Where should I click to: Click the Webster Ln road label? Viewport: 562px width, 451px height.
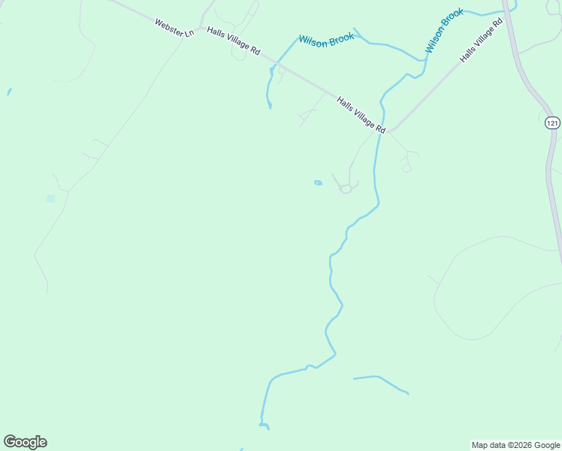point(174,29)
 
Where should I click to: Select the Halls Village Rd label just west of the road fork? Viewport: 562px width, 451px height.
point(361,115)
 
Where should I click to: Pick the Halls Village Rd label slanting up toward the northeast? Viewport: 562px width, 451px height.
point(481,43)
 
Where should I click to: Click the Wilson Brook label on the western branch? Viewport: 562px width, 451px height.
point(326,41)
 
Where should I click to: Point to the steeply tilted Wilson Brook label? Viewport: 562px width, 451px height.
point(445,30)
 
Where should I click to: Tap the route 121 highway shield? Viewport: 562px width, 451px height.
point(552,122)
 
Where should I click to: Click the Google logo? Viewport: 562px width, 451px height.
point(25,442)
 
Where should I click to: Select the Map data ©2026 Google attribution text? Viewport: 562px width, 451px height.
point(516,445)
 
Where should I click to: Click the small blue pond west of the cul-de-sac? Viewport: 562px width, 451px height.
point(318,183)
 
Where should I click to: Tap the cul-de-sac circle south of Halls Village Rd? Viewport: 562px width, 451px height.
point(346,189)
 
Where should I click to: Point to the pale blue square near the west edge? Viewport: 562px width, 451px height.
point(50,198)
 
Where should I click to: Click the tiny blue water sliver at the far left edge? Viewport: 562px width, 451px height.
point(9,92)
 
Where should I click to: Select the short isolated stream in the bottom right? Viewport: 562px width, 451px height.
point(381,381)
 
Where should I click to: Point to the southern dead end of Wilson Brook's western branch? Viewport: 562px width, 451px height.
point(270,107)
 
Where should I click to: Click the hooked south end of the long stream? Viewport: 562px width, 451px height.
point(265,426)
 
